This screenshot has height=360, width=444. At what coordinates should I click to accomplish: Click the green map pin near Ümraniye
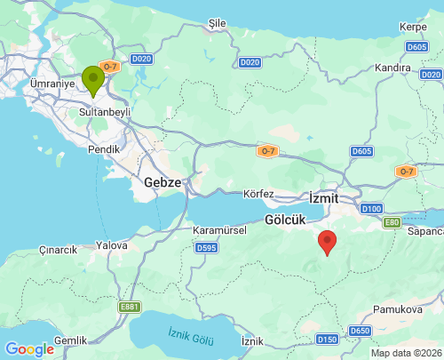(x=92, y=80)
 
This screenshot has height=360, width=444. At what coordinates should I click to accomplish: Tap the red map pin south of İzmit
(x=327, y=241)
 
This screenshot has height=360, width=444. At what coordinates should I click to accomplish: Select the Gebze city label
(x=163, y=182)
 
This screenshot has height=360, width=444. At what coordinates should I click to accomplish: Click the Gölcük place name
(x=287, y=219)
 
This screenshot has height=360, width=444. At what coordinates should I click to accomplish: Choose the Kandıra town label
(x=392, y=68)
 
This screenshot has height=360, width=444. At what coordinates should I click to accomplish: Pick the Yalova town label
(x=113, y=244)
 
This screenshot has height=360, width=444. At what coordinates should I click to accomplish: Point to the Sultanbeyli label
(x=105, y=115)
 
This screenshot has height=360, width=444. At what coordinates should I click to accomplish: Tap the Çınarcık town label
(x=59, y=250)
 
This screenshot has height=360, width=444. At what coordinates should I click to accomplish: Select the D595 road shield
(x=206, y=247)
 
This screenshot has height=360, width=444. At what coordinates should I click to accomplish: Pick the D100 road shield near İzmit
(x=372, y=209)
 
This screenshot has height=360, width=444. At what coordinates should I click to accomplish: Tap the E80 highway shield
(x=392, y=222)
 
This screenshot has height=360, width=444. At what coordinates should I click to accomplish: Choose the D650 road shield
(x=360, y=331)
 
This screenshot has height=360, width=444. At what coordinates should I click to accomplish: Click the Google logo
(x=29, y=349)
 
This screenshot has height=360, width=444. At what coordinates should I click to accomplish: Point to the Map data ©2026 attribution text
(x=404, y=353)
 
